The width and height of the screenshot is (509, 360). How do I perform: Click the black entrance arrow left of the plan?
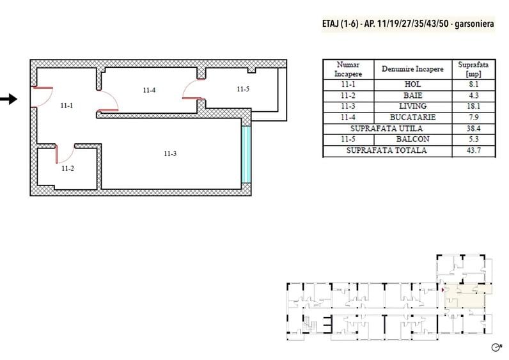pyautogui.click(x=9, y=99)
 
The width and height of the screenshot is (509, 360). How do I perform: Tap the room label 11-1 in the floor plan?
pyautogui.click(x=67, y=106)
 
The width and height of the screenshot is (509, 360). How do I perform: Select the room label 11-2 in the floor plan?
pyautogui.click(x=68, y=168)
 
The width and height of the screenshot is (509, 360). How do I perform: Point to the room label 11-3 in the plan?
pyautogui.click(x=170, y=153)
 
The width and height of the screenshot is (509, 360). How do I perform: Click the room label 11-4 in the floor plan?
pyautogui.click(x=149, y=90)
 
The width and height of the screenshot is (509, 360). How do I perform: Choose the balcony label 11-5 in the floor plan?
pyautogui.click(x=243, y=89)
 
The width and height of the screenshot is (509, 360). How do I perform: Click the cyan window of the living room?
pyautogui.click(x=246, y=155)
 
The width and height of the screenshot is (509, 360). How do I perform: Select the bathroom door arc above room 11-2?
pyautogui.click(x=65, y=154)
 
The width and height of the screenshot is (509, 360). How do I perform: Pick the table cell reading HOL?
pyautogui.click(x=412, y=84)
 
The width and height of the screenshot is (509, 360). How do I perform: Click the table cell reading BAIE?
pyautogui.click(x=412, y=95)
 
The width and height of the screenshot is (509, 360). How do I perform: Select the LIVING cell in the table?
pyautogui.click(x=412, y=106)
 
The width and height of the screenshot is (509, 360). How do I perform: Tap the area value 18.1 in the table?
pyautogui.click(x=473, y=106)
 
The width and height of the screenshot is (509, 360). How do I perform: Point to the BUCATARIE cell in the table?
pyautogui.click(x=412, y=117)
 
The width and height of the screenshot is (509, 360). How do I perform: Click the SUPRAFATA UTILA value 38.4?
pyautogui.click(x=473, y=129)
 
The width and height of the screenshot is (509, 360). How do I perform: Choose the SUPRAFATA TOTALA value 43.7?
pyautogui.click(x=473, y=150)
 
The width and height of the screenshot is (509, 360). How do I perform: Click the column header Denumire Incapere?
pyautogui.click(x=412, y=69)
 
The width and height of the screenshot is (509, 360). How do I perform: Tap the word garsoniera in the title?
pyautogui.click(x=474, y=24)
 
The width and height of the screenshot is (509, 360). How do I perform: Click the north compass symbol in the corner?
pyautogui.click(x=497, y=347)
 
